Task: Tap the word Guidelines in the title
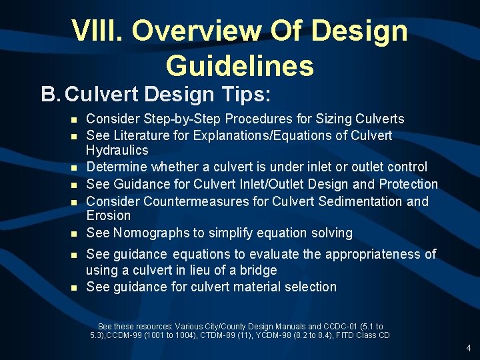(239, 65)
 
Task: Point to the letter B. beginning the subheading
(51, 94)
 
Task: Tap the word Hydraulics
(117, 150)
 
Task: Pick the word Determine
(115, 167)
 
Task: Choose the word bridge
(258, 270)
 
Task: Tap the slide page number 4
(469, 348)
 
